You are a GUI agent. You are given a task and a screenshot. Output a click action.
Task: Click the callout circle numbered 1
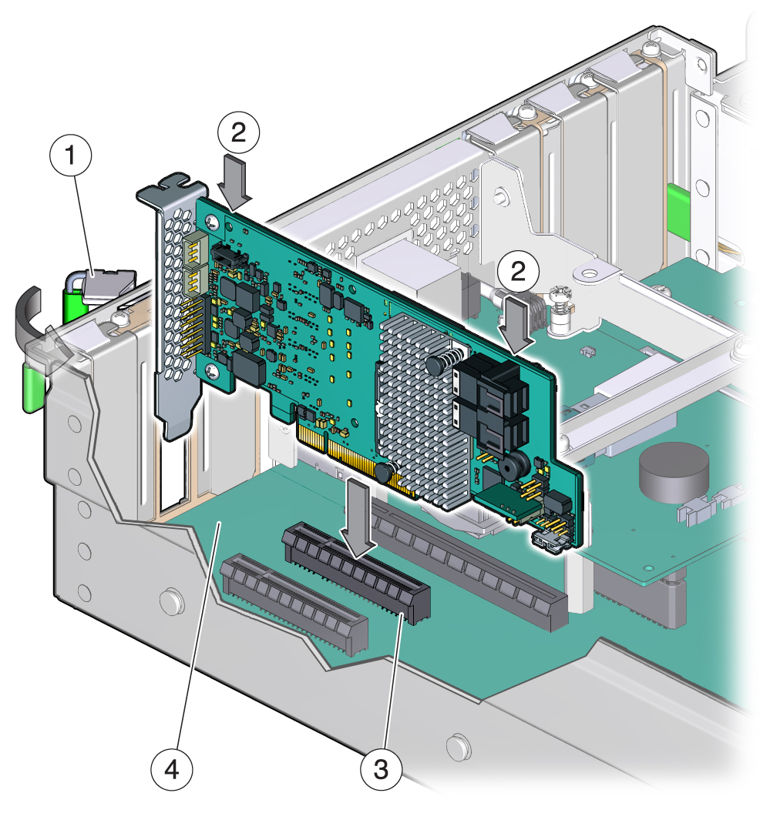tap(71, 156)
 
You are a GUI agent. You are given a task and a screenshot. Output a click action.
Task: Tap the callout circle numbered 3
tap(381, 769)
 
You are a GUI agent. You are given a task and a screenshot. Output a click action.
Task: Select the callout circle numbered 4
tap(171, 769)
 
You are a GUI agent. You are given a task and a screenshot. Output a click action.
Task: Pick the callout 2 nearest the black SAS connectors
tap(518, 271)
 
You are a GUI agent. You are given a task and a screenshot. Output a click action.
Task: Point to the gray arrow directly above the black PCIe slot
tap(356, 517)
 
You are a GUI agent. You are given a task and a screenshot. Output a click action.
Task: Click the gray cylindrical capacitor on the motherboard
tap(674, 472)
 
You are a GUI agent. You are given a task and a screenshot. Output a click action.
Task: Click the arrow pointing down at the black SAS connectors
tap(516, 326)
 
